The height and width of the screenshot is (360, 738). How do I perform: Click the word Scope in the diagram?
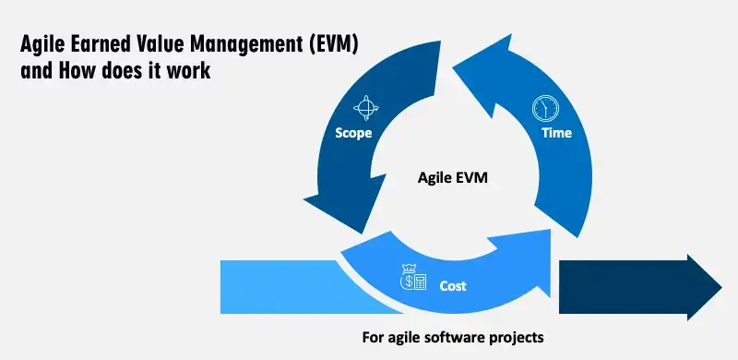[x=354, y=134]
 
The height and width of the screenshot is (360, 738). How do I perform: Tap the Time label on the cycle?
[x=556, y=133]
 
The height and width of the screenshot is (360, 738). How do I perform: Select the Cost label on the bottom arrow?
[x=452, y=286]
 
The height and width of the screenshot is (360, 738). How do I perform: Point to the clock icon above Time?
[x=546, y=108]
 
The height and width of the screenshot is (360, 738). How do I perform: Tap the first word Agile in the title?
[x=42, y=43]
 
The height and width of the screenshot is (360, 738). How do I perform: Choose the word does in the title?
[x=125, y=70]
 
